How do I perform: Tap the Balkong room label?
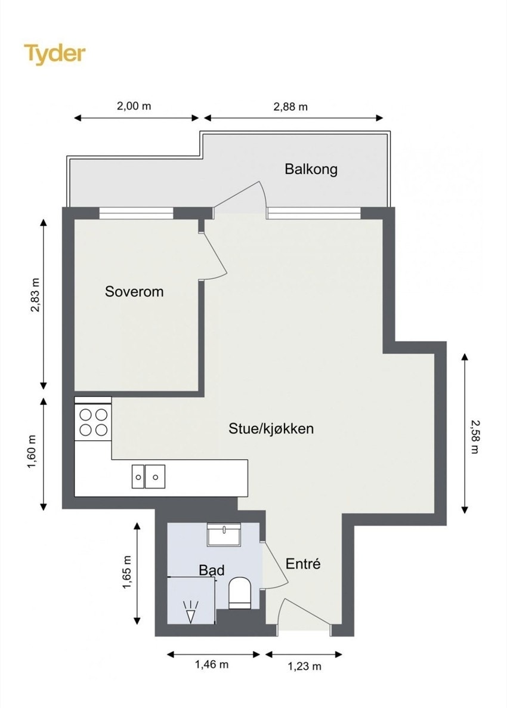point(311,169)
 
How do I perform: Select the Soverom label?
point(134,291)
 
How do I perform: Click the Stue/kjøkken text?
point(271,428)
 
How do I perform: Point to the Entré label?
point(303,563)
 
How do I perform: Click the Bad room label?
point(212,570)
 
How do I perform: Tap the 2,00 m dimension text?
point(134,106)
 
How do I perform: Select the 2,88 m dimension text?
point(290,107)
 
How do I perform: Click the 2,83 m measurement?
point(35,295)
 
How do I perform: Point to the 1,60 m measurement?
point(32,452)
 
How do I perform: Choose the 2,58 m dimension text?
point(475,437)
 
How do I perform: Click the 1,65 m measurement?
point(127,572)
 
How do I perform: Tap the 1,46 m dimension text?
point(211,664)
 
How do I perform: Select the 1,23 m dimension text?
point(304,666)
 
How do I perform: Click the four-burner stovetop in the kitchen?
point(94,422)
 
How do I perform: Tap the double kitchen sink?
point(148,477)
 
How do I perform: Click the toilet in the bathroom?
point(240,593)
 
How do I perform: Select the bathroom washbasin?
point(224,535)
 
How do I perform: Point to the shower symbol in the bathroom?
point(190,612)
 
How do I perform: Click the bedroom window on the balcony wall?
point(136,213)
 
